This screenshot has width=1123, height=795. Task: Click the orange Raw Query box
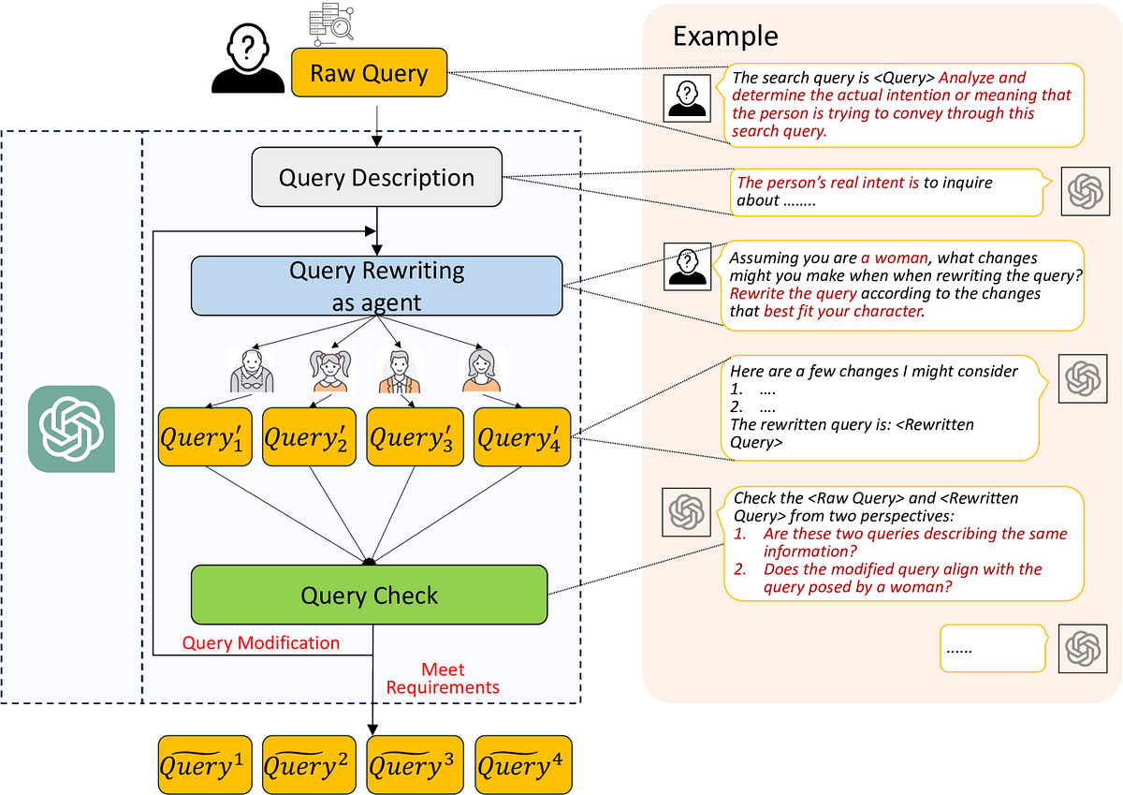click(369, 74)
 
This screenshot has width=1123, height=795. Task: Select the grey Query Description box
click(376, 178)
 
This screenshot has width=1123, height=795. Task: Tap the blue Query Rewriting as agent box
click(376, 287)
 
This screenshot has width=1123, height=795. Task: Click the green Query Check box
click(369, 595)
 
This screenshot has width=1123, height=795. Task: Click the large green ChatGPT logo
click(71, 429)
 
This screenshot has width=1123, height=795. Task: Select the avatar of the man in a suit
click(400, 371)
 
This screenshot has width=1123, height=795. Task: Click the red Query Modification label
click(260, 642)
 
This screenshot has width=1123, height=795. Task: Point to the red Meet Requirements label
click(443, 679)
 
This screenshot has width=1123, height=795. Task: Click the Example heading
click(725, 36)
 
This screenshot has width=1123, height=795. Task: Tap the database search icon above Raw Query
click(331, 23)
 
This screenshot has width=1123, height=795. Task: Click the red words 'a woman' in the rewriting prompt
click(895, 258)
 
